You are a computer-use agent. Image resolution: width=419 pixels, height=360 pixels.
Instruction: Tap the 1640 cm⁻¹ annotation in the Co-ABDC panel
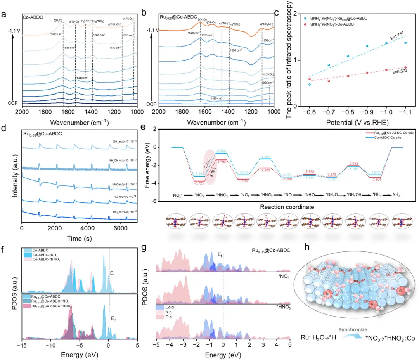pyautogui.click(x=55, y=34)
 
